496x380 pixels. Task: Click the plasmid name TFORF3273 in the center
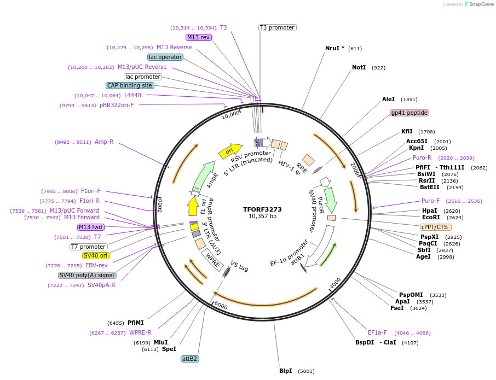point(262,209)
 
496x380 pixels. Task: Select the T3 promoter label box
point(277,27)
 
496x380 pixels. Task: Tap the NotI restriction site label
point(359,68)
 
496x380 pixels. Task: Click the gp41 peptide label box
point(409,113)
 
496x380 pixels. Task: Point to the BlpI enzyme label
point(285,371)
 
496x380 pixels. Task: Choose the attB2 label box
point(189,359)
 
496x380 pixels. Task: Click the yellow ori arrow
point(230,150)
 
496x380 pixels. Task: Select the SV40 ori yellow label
point(96,255)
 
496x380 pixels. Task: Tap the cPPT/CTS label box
point(436,227)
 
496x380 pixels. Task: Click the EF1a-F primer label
point(377,332)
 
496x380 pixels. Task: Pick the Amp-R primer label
point(104,142)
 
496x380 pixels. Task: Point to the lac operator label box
point(165,57)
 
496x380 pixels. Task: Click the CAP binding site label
point(130,85)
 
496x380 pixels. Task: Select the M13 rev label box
point(198,37)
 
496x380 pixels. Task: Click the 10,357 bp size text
point(262,217)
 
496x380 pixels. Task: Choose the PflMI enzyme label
point(135,323)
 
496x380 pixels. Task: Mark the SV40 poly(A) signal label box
point(87,275)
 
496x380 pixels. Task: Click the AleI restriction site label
point(388,99)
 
